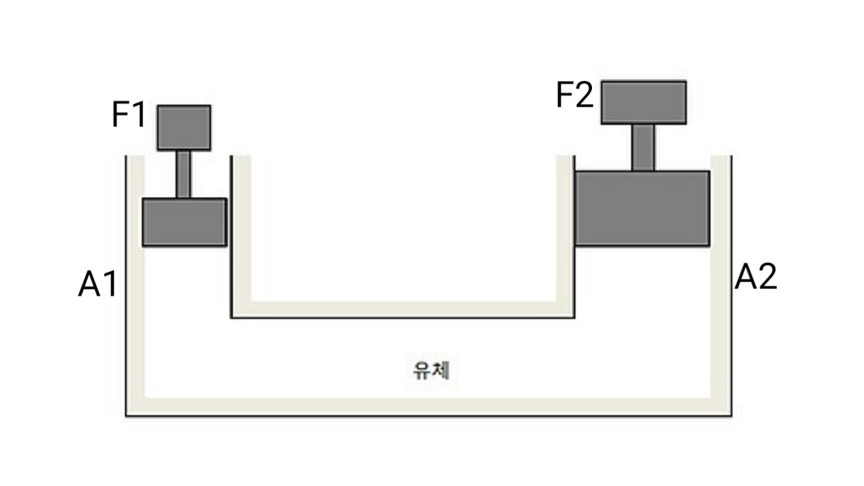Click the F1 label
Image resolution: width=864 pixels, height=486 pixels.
128,114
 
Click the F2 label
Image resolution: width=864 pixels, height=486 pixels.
574,94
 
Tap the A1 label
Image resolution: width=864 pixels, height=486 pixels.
97,284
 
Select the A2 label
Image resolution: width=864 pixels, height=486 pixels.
755,277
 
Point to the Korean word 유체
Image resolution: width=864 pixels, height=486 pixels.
431,371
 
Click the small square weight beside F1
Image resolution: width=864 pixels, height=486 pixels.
184,128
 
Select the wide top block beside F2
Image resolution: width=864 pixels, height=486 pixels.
644,102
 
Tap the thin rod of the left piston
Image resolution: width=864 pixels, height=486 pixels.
183,174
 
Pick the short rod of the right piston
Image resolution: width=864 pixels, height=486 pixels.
643,147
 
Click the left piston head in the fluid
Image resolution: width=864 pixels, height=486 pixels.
184,222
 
